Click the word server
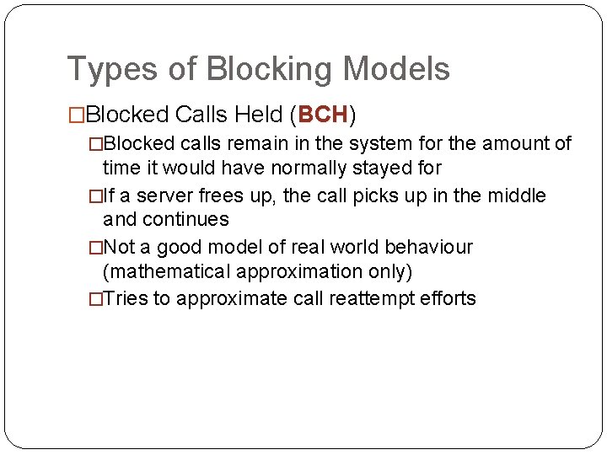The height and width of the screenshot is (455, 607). pos(165,196)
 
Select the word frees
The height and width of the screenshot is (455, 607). pos(219,196)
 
